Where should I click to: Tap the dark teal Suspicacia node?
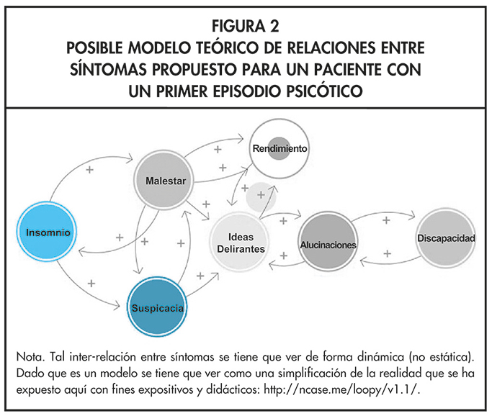tap(158, 307)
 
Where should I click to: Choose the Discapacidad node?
tap(446, 238)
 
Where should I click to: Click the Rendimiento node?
tap(279, 148)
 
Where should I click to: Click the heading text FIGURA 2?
tap(246, 27)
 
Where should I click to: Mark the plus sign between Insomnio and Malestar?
tap(90, 170)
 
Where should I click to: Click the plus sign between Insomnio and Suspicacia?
tap(91, 284)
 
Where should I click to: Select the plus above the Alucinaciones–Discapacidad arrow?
tap(386, 220)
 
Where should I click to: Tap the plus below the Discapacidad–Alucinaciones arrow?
tap(387, 254)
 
